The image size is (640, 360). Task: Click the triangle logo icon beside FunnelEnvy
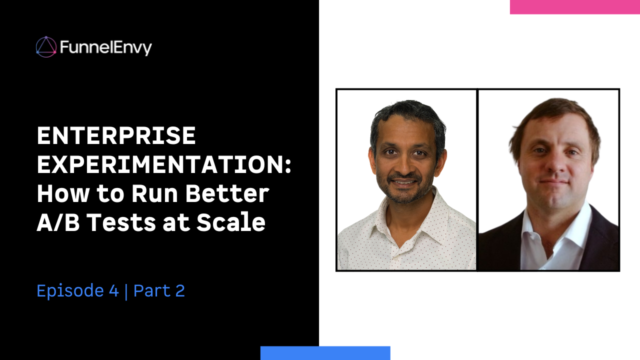pos(46,47)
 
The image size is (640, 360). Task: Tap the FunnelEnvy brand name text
pos(105,47)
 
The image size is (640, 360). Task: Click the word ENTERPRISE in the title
pos(116,135)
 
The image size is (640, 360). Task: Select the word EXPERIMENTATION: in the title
pos(164,164)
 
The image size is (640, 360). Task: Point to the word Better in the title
pos(227,193)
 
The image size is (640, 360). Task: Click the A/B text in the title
pos(58,222)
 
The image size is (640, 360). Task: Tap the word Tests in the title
pos(121,222)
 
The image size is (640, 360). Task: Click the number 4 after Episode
pos(113,290)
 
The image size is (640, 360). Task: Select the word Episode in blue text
pos(70,291)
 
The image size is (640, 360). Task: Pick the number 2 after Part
pos(180,290)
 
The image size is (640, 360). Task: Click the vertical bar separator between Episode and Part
pos(126,291)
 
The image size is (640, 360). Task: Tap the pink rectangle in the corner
pos(575,7)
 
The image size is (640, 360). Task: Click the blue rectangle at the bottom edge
pos(325,353)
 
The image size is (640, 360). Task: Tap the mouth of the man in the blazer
pos(554,181)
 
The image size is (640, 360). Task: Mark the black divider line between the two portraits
pos(477,179)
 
